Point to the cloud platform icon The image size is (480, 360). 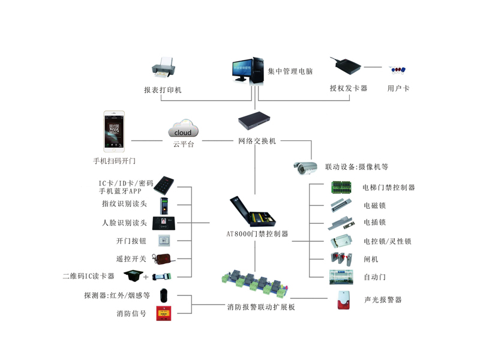pos(183,131)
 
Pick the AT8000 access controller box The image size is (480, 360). pos(255,213)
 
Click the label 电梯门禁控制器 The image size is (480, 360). pos(388,187)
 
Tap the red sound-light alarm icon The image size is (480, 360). pos(343,301)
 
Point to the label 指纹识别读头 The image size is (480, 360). pos(124,204)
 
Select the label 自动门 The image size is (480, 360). pos(375,277)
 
